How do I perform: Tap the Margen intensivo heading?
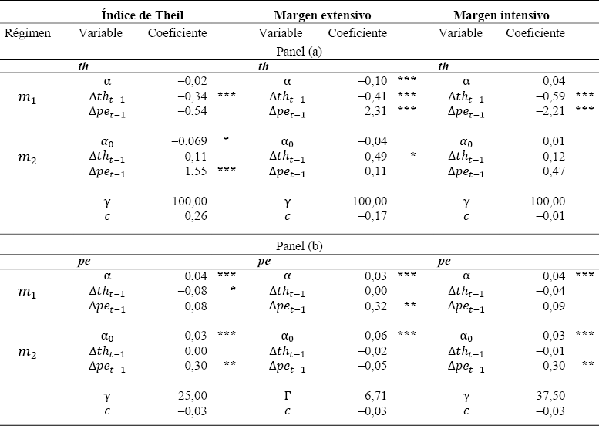tap(501, 15)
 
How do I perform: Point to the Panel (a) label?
tap(299, 51)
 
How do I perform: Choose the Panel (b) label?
tap(299, 245)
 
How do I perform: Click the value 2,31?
tap(374, 110)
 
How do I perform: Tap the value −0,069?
tap(189, 140)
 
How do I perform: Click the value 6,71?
tap(374, 395)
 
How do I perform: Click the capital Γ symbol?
tap(287, 395)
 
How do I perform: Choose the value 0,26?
tap(195, 215)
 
